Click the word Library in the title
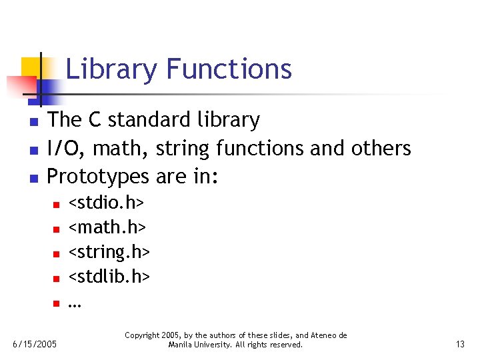(x=112, y=69)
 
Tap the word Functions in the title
(x=229, y=69)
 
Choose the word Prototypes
(x=99, y=177)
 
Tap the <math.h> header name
(x=107, y=227)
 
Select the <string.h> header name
(x=109, y=253)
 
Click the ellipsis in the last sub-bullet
(x=74, y=304)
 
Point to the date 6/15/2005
(x=35, y=345)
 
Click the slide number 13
(x=460, y=345)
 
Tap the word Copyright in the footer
(x=143, y=335)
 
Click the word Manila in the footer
(x=180, y=345)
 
